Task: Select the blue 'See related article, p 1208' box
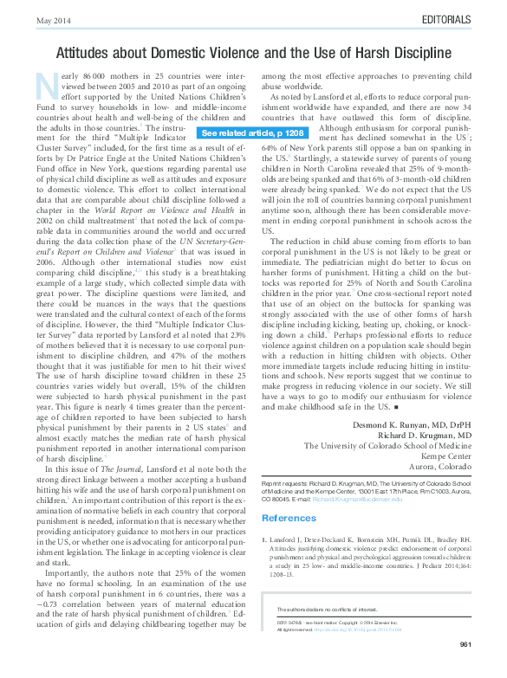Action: [252, 133]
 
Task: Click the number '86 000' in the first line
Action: [93, 77]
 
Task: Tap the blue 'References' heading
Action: [288, 518]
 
